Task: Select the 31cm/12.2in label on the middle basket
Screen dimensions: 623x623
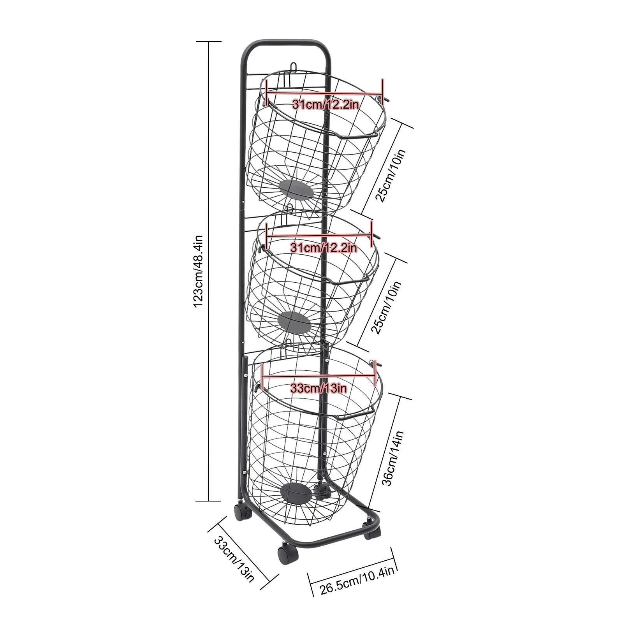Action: coord(324,247)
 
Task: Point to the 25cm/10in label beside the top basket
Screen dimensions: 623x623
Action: coord(391,175)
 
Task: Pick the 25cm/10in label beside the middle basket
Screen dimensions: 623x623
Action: coord(386,308)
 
